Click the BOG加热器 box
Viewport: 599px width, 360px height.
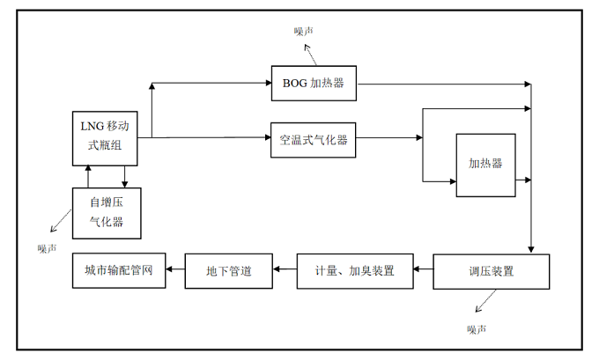[x=313, y=84]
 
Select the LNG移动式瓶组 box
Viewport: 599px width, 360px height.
[x=106, y=138]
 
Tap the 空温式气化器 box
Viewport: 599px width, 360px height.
[x=313, y=139]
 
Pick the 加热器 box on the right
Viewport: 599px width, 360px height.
[x=484, y=164]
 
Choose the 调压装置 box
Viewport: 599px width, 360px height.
[x=491, y=272]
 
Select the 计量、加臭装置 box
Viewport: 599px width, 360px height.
[x=355, y=271]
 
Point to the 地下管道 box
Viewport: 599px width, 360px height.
[x=228, y=271]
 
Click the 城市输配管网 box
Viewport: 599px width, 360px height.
[x=118, y=271]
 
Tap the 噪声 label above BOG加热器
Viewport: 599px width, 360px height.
[x=304, y=31]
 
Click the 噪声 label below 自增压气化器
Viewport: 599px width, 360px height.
[x=47, y=248]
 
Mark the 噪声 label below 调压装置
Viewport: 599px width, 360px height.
[x=477, y=329]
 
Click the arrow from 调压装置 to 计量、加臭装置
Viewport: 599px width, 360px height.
[x=425, y=271]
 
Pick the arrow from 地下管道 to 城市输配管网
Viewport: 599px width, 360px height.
[x=174, y=271]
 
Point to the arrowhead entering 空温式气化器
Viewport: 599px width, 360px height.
[x=265, y=137]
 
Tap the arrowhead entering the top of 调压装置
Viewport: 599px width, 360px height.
[x=530, y=249]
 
